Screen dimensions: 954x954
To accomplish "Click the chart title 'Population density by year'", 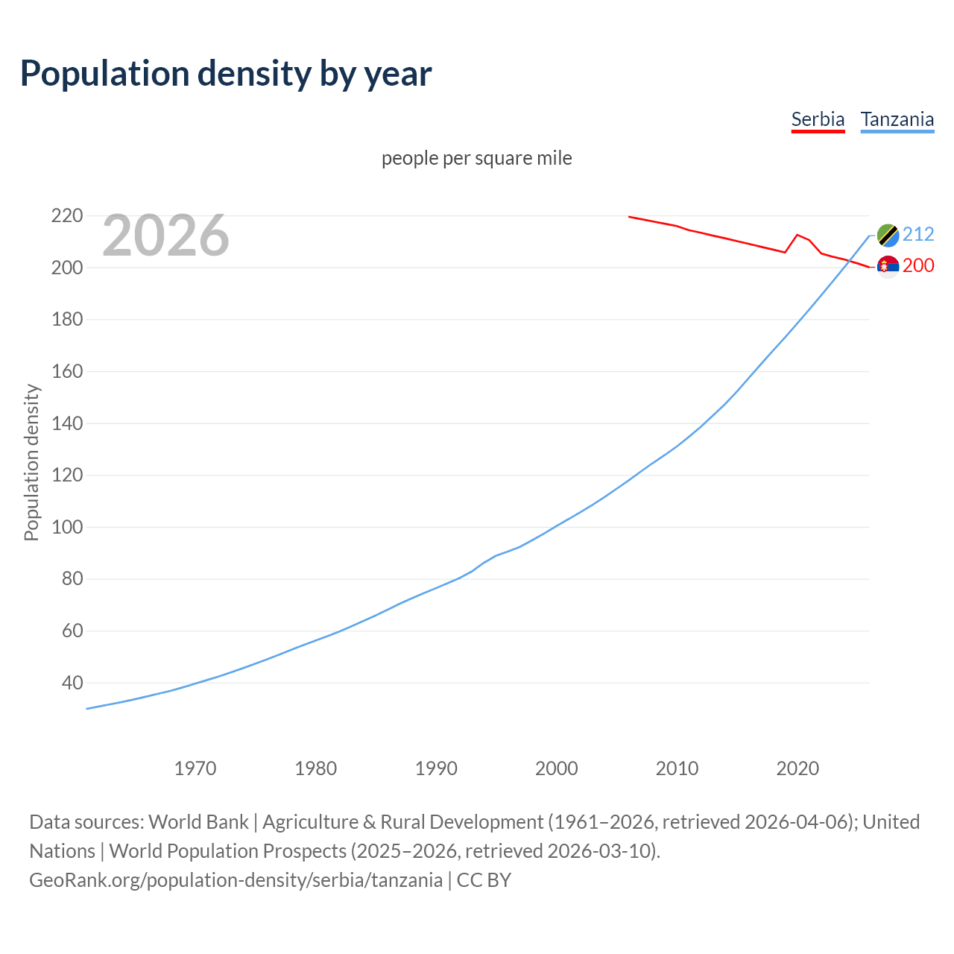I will (226, 73).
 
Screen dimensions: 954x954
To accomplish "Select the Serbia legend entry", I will (818, 119).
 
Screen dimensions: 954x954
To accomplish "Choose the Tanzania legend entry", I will (897, 119).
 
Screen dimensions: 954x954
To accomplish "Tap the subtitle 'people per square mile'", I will (476, 158).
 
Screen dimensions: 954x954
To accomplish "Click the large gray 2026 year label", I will (165, 236).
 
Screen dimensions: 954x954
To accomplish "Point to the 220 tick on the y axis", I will (66, 216).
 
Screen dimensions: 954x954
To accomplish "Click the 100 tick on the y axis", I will (66, 527).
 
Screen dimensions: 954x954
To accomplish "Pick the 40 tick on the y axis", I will (72, 683).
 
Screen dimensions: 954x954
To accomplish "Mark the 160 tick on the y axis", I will (66, 371).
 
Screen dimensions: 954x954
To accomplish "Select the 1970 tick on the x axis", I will (195, 768).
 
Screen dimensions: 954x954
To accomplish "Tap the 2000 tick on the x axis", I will (557, 768).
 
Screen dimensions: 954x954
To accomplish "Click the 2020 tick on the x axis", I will (797, 768).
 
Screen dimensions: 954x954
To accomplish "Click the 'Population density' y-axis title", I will (31, 462).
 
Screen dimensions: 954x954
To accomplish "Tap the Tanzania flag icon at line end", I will (888, 235).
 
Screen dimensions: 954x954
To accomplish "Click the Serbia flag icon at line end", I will (888, 266).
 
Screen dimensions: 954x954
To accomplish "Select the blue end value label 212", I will (918, 234).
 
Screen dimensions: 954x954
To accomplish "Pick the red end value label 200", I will (918, 265).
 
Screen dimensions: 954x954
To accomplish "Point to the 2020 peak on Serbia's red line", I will (797, 235).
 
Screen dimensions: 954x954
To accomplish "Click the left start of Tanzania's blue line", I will (87, 709).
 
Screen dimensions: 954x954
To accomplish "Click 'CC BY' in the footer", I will (484, 879).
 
